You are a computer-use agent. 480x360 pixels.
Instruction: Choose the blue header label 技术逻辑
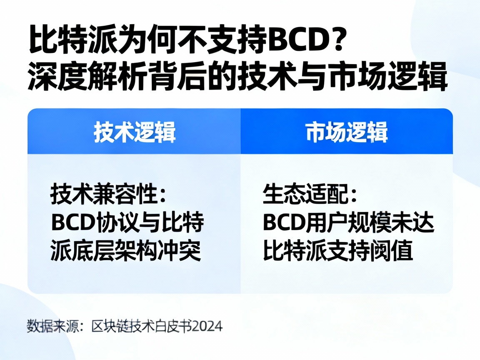pyautogui.click(x=135, y=132)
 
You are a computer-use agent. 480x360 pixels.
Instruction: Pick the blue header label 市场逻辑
pyautogui.click(x=347, y=132)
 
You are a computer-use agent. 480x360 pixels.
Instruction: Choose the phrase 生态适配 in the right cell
pyautogui.click(x=301, y=194)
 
